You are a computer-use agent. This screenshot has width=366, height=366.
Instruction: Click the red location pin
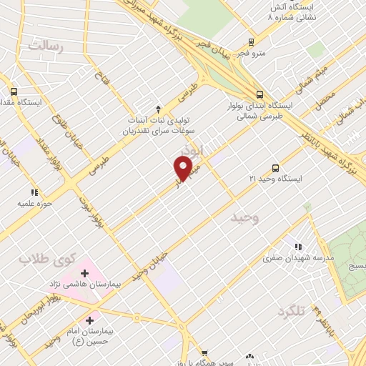click(x=184, y=169)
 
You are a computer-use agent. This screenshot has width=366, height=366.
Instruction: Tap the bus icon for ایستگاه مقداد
click(x=14, y=91)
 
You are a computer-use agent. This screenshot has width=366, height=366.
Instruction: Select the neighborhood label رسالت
click(x=46, y=46)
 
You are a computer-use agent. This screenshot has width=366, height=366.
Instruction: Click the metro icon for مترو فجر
click(x=250, y=41)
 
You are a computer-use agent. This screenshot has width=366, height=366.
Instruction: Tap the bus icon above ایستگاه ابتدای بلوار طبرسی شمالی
click(x=259, y=94)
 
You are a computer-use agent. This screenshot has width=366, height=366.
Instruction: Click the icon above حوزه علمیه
click(x=34, y=192)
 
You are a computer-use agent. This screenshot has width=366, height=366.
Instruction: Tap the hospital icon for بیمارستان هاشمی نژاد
click(x=85, y=272)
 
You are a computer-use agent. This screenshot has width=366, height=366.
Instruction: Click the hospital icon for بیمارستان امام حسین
click(x=89, y=320)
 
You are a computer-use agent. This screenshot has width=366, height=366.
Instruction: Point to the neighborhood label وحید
click(x=243, y=215)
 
